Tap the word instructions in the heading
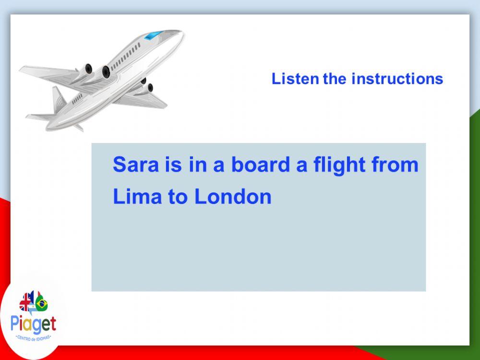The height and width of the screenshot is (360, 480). [397, 79]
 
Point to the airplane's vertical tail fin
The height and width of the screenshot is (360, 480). [59, 98]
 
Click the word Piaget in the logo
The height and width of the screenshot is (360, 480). [34, 324]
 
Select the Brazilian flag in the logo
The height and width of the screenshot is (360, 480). [41, 303]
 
